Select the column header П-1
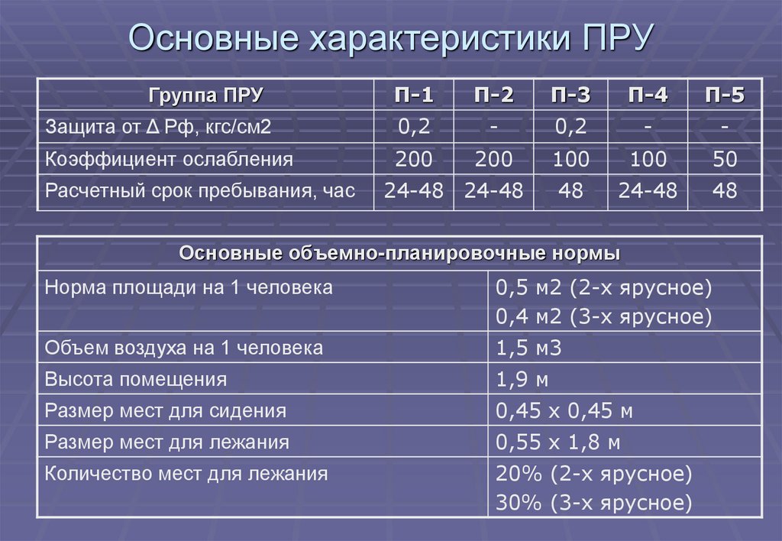pyautogui.click(x=413, y=96)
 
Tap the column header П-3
pyautogui.click(x=571, y=96)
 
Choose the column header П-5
pyautogui.click(x=724, y=96)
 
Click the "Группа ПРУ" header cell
pyautogui.click(x=206, y=96)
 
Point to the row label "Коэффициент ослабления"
pyautogui.click(x=169, y=160)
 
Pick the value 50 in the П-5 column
pyautogui.click(x=724, y=160)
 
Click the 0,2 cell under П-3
pyautogui.click(x=571, y=127)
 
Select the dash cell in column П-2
pyautogui.click(x=493, y=127)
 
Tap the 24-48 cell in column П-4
pyautogui.click(x=648, y=191)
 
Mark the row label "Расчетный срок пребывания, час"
pyautogui.click(x=200, y=191)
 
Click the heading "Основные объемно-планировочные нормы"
pyautogui.click(x=399, y=254)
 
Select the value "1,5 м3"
pyautogui.click(x=528, y=348)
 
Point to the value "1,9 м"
pyautogui.click(x=522, y=380)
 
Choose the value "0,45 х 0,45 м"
pyautogui.click(x=564, y=411)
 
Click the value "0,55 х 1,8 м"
pyautogui.click(x=557, y=442)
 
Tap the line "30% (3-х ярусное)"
pyautogui.click(x=594, y=503)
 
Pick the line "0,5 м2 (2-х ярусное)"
pyautogui.click(x=603, y=288)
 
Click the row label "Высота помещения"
pyautogui.click(x=136, y=380)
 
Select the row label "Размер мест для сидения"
pyautogui.click(x=166, y=411)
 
